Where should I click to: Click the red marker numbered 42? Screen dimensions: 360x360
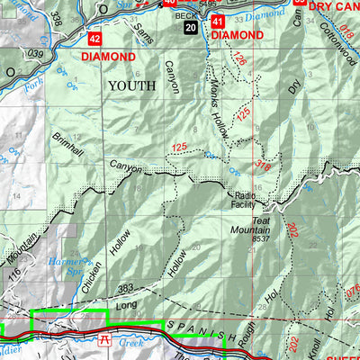[94, 39]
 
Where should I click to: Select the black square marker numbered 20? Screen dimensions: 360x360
[190, 28]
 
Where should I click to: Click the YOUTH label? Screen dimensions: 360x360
[132, 85]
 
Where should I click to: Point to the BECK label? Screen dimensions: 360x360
[185, 15]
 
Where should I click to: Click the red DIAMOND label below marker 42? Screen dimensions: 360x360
[108, 57]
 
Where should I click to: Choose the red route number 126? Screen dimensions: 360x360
[238, 59]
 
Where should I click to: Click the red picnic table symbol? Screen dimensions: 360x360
[105, 339]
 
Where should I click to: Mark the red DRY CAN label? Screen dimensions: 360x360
[334, 5]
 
